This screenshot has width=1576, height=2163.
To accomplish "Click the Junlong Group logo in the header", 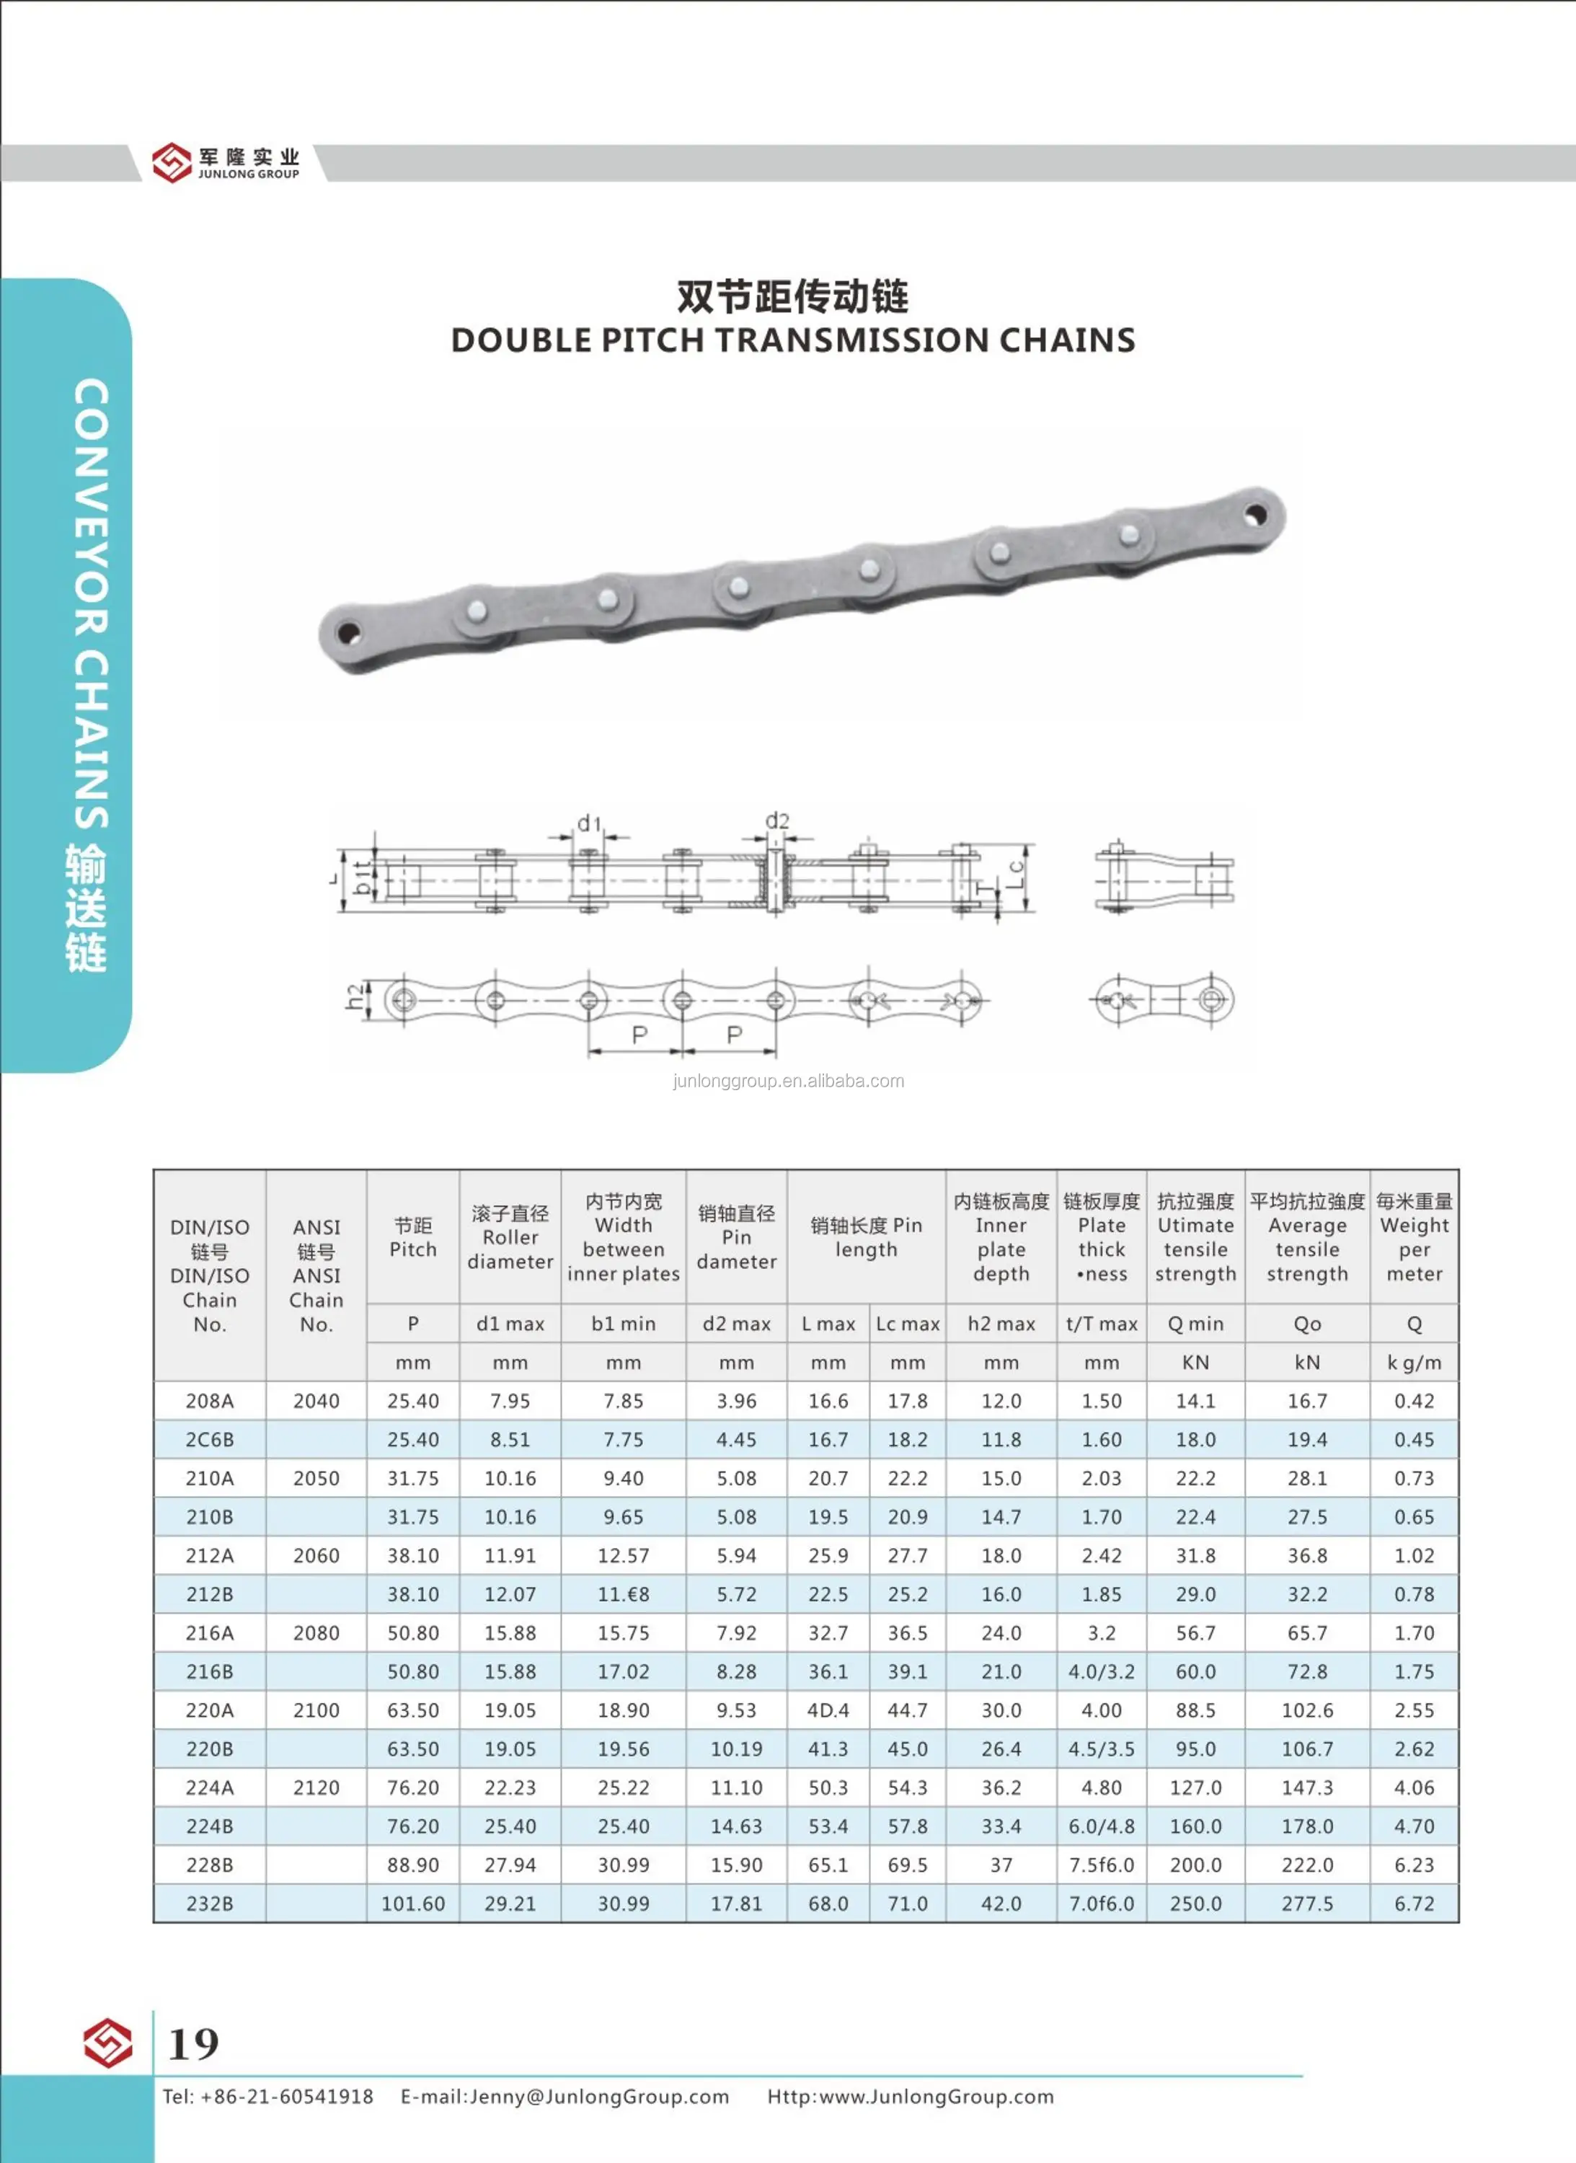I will pyautogui.click(x=226, y=162).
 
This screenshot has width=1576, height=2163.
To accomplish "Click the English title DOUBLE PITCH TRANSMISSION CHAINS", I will pyautogui.click(x=793, y=340).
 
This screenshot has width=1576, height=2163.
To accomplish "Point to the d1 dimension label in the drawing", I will pyautogui.click(x=588, y=823).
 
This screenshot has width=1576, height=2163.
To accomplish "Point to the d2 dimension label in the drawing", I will pyautogui.click(x=777, y=821).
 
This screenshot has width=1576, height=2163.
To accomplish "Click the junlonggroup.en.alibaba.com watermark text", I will pyautogui.click(x=788, y=1081).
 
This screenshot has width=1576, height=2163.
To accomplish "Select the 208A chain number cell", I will pyautogui.click(x=210, y=1401).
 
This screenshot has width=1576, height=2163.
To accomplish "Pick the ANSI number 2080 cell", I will pyautogui.click(x=316, y=1632).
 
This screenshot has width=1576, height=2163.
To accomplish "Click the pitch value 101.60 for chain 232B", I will pyautogui.click(x=413, y=1903).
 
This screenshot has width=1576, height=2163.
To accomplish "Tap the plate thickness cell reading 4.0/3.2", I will pyautogui.click(x=1101, y=1671).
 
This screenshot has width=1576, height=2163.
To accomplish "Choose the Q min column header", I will pyautogui.click(x=1195, y=1323).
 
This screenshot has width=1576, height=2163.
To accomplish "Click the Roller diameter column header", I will pyautogui.click(x=510, y=1237).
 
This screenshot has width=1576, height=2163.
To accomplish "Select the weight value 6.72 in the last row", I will pyautogui.click(x=1414, y=1903).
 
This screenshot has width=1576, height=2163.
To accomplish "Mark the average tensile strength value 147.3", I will pyautogui.click(x=1307, y=1787).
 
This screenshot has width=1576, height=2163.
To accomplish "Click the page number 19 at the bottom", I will pyautogui.click(x=194, y=2044).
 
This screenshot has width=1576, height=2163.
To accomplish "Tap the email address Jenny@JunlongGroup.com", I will pyautogui.click(x=599, y=2097).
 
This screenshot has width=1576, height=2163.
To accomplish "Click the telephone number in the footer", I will pyautogui.click(x=286, y=2097).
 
